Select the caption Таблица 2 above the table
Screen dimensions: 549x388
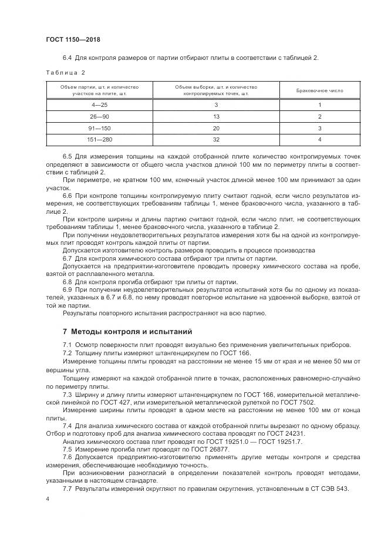tap(66, 73)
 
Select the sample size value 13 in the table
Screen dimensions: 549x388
tap(216, 117)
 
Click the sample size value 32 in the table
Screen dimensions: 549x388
tap(216, 140)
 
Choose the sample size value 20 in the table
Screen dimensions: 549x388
tap(216, 128)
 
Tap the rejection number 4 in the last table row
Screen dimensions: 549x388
tap(319, 140)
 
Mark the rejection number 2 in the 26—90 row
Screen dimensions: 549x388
tap(319, 117)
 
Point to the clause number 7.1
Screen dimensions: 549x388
tap(67, 345)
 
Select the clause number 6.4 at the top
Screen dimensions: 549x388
tap(67, 57)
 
